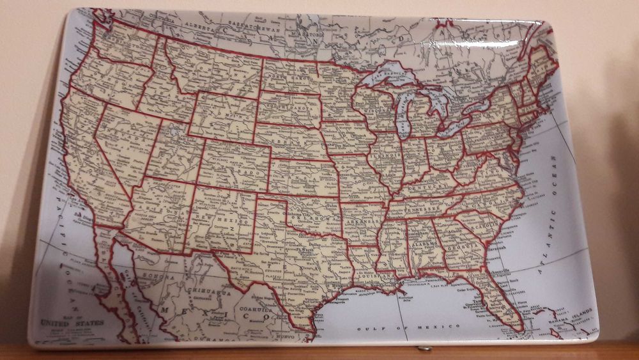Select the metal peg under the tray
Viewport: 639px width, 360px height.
pos(422,349)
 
